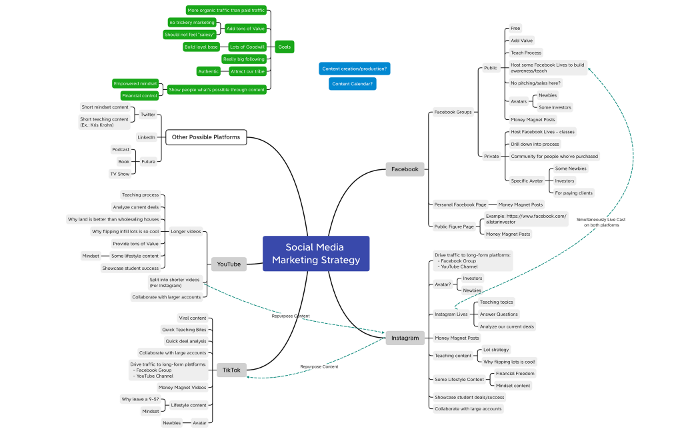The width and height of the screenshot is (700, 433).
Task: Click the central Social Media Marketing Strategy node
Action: [316, 253]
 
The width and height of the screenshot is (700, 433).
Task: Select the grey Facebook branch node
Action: [405, 169]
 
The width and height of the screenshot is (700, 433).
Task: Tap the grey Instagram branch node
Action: [405, 338]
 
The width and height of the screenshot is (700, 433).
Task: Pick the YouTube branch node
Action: [229, 264]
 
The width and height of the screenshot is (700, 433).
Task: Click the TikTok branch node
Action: [231, 370]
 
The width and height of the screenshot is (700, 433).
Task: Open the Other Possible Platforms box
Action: [206, 137]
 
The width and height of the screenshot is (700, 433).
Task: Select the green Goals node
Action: [284, 47]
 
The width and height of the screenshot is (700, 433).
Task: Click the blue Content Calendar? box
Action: [351, 83]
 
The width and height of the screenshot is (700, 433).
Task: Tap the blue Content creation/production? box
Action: [355, 69]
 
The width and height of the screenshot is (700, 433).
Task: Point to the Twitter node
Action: [147, 115]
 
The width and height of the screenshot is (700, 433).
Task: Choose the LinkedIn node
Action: [146, 137]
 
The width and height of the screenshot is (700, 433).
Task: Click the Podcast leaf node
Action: [121, 149]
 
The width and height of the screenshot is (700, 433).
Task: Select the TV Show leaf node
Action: [120, 174]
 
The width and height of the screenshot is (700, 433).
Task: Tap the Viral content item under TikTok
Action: [193, 318]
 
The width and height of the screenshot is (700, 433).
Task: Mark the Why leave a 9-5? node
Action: [140, 399]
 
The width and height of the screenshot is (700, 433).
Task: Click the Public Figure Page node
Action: [454, 226]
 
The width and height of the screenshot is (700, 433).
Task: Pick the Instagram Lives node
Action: [451, 314]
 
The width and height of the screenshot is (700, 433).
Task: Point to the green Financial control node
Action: [139, 96]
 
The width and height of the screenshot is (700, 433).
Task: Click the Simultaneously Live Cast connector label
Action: [601, 222]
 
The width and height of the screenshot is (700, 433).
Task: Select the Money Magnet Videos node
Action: [182, 387]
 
